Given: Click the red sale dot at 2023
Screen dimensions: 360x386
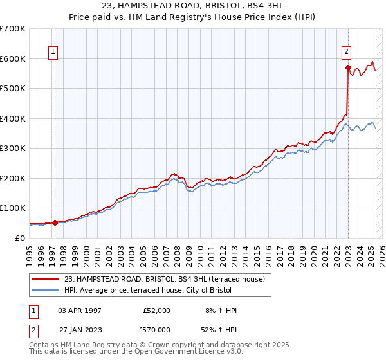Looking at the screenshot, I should (x=348, y=67).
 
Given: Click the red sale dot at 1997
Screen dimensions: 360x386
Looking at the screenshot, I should (x=55, y=222).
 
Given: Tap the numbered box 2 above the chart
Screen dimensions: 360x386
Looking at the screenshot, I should (x=346, y=53).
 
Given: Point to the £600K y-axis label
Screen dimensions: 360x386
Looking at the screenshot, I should (x=12, y=59).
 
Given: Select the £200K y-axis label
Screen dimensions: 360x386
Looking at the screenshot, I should (x=12, y=178).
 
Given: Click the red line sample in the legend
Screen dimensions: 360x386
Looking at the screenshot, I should (x=46, y=279).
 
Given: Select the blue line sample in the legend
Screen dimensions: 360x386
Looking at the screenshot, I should (x=46, y=290).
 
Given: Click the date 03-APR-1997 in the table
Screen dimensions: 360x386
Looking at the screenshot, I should (x=80, y=310).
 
